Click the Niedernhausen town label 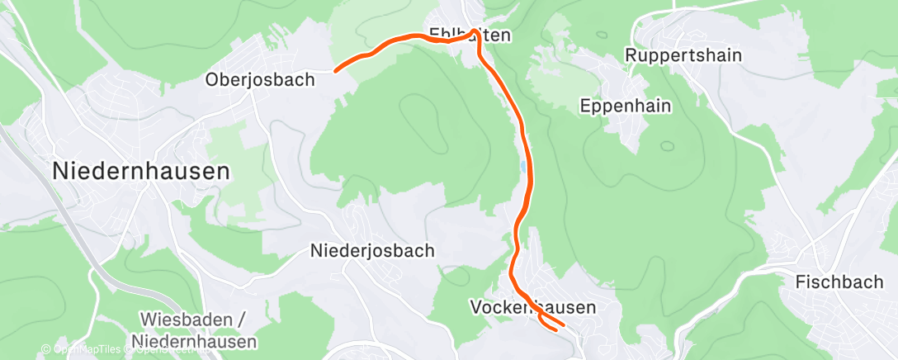coord(141,171)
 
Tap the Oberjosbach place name coord(261,80)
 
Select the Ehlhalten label coord(470,36)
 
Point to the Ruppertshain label coord(683,55)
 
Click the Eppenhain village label coord(625,106)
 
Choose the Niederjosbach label coord(372,250)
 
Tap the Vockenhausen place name coord(532,306)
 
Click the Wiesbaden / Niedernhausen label coord(193,329)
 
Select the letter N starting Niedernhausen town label coord(61,171)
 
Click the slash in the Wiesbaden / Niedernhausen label coord(241,319)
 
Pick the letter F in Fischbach coord(800,282)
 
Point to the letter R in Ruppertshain coord(631,55)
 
